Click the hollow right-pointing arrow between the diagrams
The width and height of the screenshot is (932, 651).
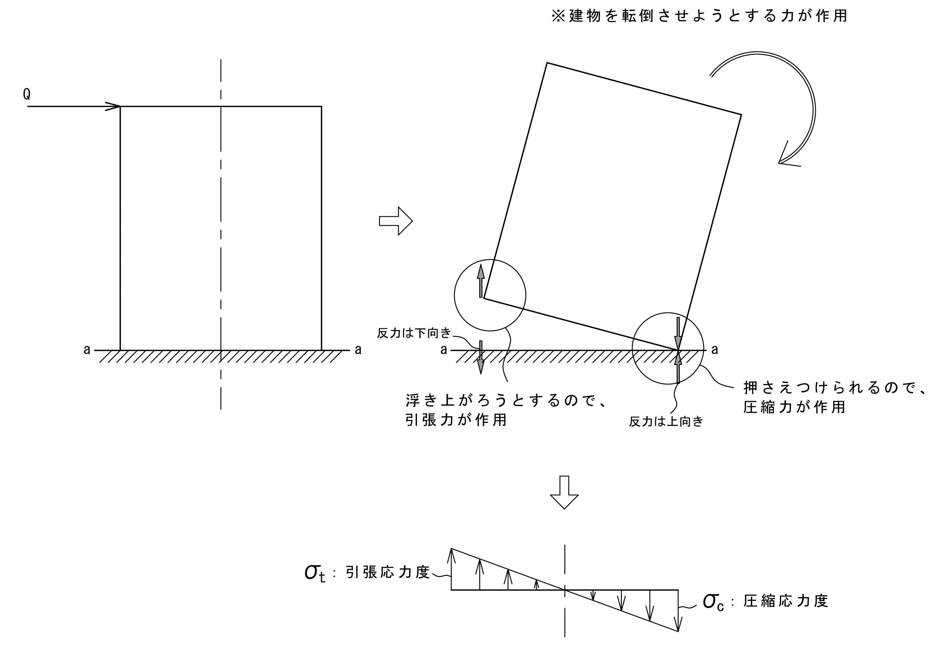(395, 221)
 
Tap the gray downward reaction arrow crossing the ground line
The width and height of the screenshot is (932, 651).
(481, 357)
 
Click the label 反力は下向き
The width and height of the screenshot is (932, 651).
(414, 334)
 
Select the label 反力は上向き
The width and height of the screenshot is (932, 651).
(666, 422)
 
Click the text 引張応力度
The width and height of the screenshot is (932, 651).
(387, 572)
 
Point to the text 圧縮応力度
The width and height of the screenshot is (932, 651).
(785, 601)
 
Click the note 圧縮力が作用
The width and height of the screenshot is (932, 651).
(794, 407)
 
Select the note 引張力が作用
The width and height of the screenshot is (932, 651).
(456, 420)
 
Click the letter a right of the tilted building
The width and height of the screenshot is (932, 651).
(714, 350)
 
